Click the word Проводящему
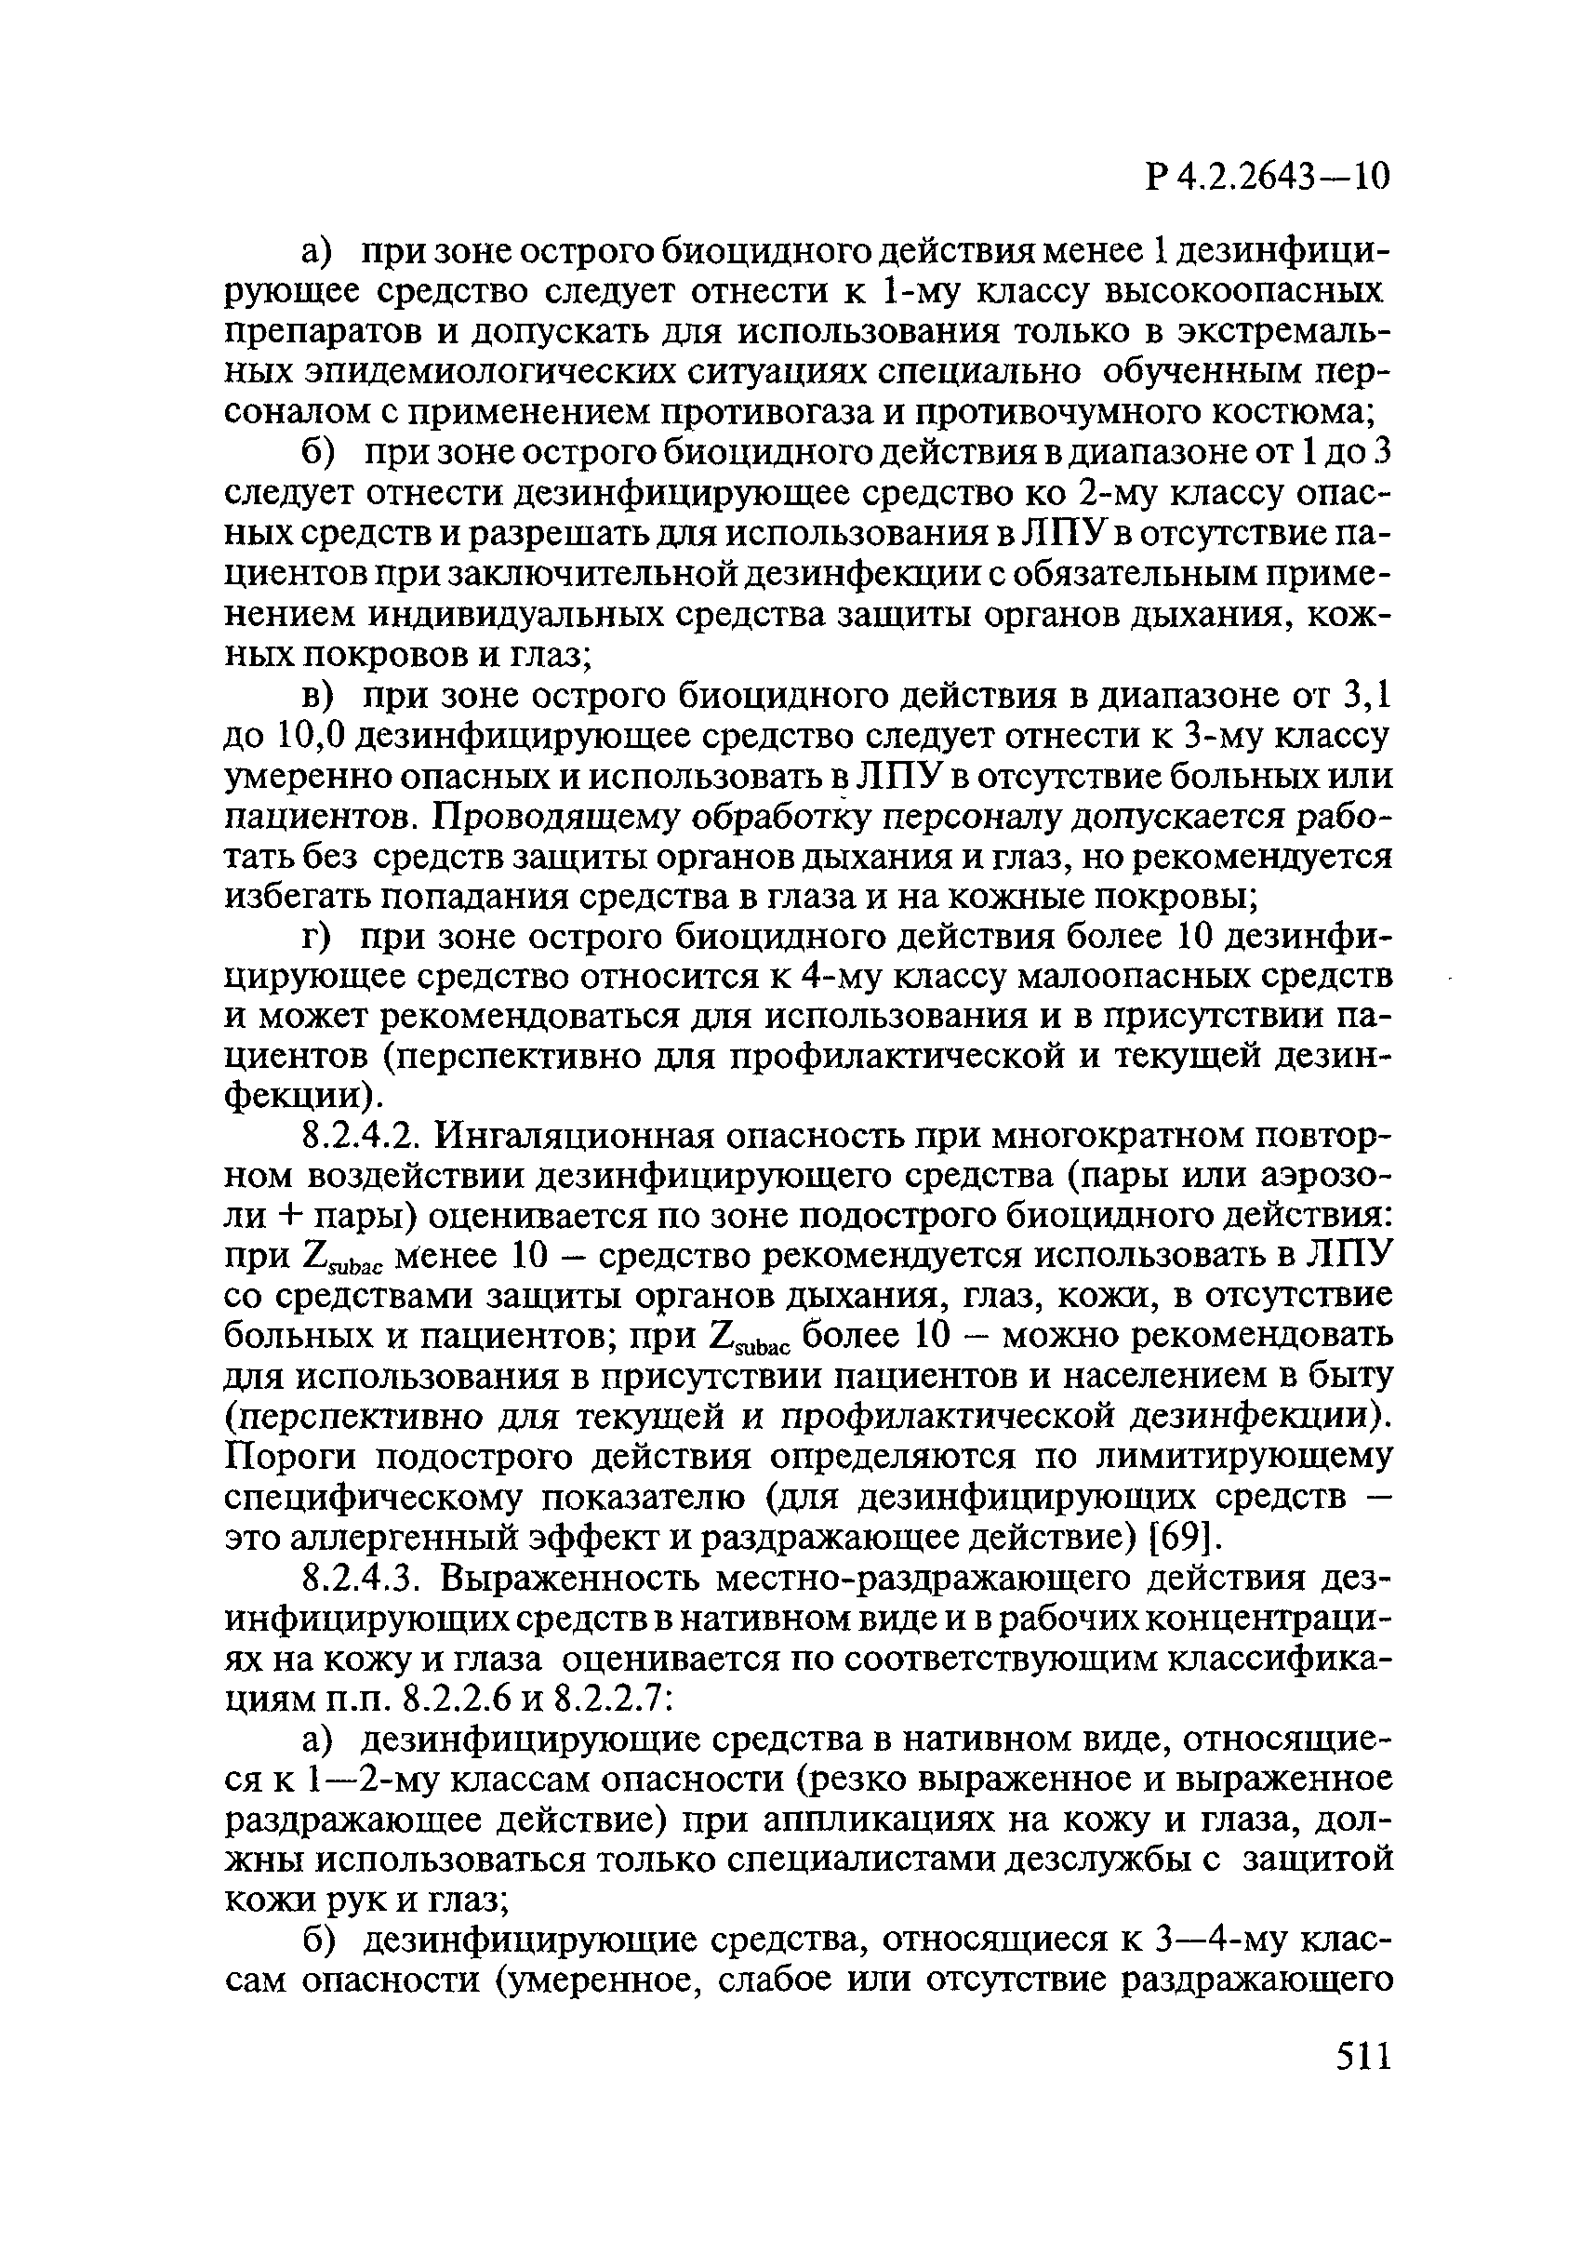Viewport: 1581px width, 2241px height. [x=566, y=818]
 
